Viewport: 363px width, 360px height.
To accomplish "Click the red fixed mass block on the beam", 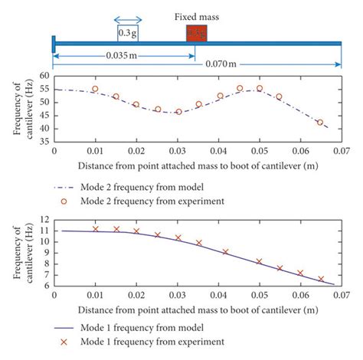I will point(197,33).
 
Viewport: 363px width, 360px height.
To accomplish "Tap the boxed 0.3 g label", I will point(128,33).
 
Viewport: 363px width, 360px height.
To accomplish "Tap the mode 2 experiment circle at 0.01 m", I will point(95,89).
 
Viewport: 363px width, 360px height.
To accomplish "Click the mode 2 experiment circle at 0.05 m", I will point(260,88).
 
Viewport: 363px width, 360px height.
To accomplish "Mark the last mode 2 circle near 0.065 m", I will point(320,122).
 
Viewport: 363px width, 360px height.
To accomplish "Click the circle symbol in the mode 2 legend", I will point(65,201).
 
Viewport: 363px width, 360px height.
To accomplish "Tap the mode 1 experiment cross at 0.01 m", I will point(95,228).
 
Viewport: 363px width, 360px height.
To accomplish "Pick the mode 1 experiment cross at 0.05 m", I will point(259,261).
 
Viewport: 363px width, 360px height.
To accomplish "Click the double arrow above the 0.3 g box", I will point(128,19).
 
